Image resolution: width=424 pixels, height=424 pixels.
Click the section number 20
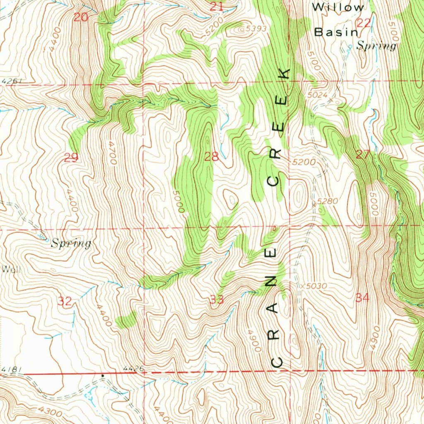pyautogui.click(x=81, y=17)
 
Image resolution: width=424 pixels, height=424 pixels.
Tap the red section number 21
pyautogui.click(x=216, y=6)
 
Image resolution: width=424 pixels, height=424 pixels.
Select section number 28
pyautogui.click(x=211, y=157)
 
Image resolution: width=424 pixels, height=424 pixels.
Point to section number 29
pyautogui.click(x=71, y=157)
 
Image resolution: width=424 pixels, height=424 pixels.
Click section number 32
pyautogui.click(x=65, y=301)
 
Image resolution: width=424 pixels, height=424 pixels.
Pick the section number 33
pyautogui.click(x=217, y=299)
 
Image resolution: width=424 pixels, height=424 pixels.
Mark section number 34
pyautogui.click(x=362, y=297)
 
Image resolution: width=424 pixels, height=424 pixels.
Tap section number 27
pyautogui.click(x=363, y=155)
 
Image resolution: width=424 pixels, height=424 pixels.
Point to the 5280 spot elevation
pyautogui.click(x=328, y=201)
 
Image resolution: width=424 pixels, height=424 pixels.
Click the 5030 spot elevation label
pyautogui.click(x=317, y=286)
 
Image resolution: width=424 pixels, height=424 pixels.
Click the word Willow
pyautogui.click(x=338, y=7)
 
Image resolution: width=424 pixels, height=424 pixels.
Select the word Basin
pyautogui.click(x=336, y=32)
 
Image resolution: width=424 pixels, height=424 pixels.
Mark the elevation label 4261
pyautogui.click(x=10, y=81)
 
